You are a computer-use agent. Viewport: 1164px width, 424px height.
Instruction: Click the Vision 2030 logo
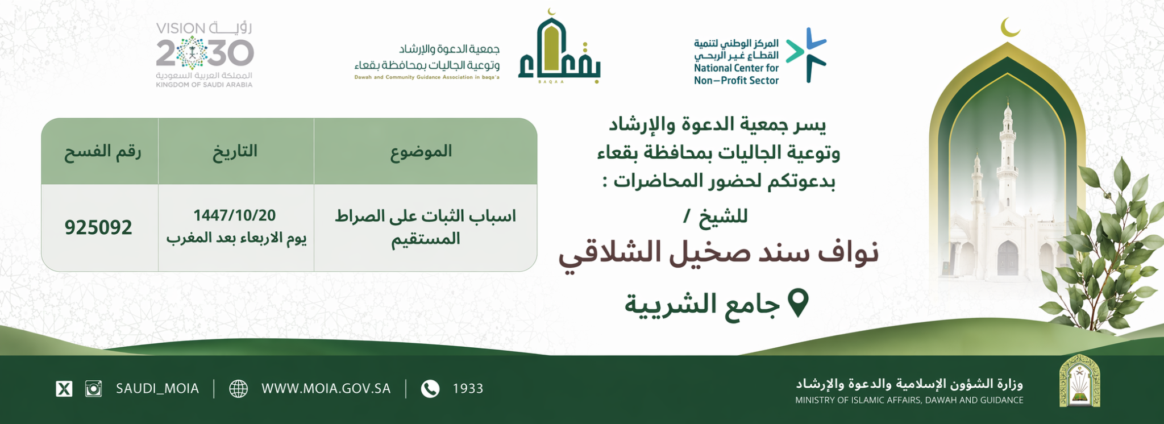tap(205, 54)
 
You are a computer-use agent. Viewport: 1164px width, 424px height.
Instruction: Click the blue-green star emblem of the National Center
tap(807, 54)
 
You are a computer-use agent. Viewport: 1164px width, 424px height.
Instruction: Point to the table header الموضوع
tap(421, 151)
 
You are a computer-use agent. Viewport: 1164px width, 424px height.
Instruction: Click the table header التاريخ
tap(235, 151)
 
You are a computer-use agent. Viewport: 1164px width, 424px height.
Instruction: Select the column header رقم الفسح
tap(102, 151)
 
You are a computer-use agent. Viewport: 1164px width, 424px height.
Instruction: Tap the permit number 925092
tap(98, 227)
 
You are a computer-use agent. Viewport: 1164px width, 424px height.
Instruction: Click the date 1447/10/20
tap(235, 215)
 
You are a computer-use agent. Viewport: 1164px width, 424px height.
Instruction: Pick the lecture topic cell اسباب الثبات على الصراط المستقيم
tap(425, 227)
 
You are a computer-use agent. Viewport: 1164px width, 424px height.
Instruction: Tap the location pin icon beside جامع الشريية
tap(798, 303)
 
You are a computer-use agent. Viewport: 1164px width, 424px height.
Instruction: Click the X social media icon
tap(64, 389)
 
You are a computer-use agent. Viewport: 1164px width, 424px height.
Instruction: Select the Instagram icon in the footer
tap(93, 389)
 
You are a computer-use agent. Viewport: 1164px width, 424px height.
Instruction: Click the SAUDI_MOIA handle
tap(157, 389)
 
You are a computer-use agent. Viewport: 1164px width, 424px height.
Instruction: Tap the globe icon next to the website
tap(238, 389)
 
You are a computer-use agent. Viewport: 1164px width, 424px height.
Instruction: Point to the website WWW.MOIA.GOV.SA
tap(326, 389)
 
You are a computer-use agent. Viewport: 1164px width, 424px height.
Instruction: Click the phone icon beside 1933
tap(430, 389)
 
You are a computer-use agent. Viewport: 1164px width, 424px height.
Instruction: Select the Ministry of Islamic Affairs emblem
tap(1079, 380)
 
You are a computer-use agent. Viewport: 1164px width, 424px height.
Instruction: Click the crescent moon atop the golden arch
tap(1009, 27)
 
